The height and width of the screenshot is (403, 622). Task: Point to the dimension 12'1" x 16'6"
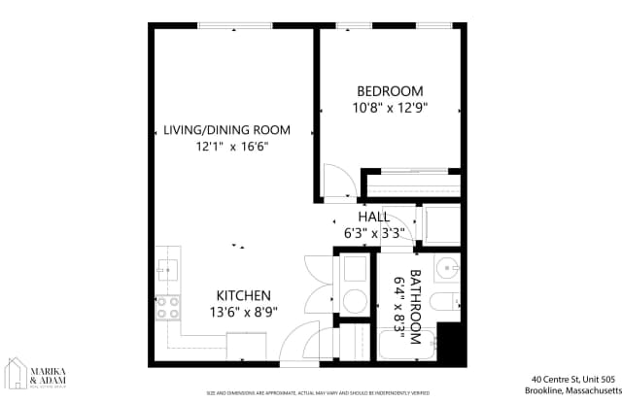coord(231,147)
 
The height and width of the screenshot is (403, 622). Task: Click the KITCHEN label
coord(243,295)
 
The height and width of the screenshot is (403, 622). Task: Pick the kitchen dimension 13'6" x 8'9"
coord(243,313)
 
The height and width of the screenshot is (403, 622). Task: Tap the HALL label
coord(373,217)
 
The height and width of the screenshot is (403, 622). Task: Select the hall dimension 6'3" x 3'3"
coord(373,233)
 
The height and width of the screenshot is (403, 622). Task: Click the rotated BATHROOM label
coord(416,307)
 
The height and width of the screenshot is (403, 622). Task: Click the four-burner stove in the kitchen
coord(168,307)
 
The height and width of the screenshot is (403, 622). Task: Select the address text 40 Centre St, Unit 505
coord(572,379)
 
